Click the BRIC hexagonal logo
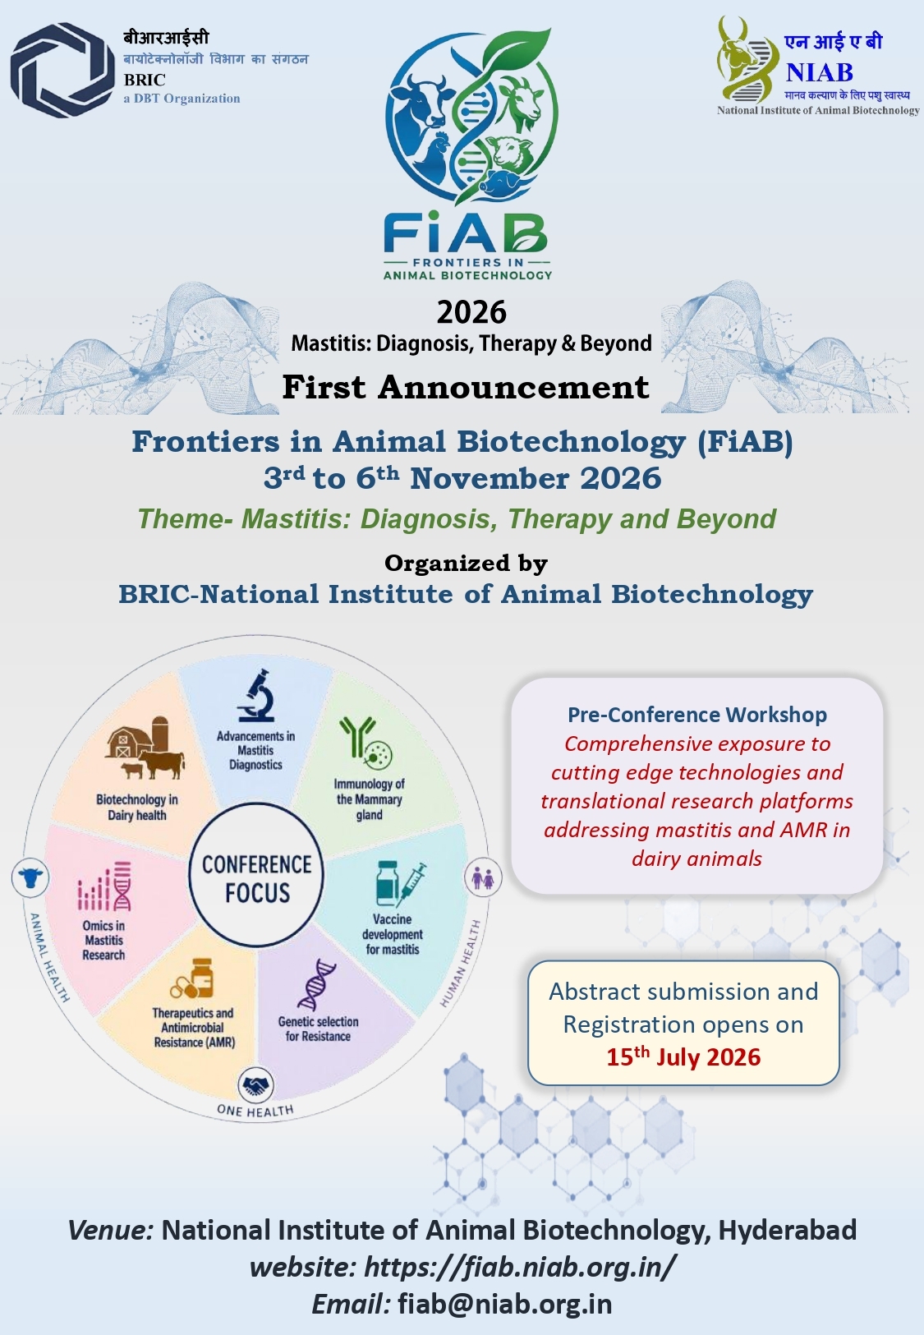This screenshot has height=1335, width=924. pyautogui.click(x=62, y=70)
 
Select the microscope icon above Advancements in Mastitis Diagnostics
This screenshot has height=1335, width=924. pyautogui.click(x=257, y=696)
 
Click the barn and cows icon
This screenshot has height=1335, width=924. pyautogui.click(x=145, y=748)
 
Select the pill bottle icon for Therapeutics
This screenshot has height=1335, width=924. pyautogui.click(x=192, y=978)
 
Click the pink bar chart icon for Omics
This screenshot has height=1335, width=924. pyautogui.click(x=104, y=886)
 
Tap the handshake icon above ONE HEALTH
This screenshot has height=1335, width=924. pyautogui.click(x=256, y=1085)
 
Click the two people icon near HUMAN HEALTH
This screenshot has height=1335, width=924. pyautogui.click(x=483, y=877)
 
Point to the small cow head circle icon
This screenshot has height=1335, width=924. pyautogui.click(x=30, y=877)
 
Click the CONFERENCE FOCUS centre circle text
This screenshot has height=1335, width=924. pyautogui.click(x=257, y=878)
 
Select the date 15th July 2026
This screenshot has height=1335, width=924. pyautogui.click(x=683, y=1056)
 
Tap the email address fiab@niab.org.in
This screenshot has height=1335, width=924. pyautogui.click(x=505, y=1304)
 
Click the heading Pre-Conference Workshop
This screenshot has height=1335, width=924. pyautogui.click(x=697, y=714)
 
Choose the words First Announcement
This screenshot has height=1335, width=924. pyautogui.click(x=466, y=387)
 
